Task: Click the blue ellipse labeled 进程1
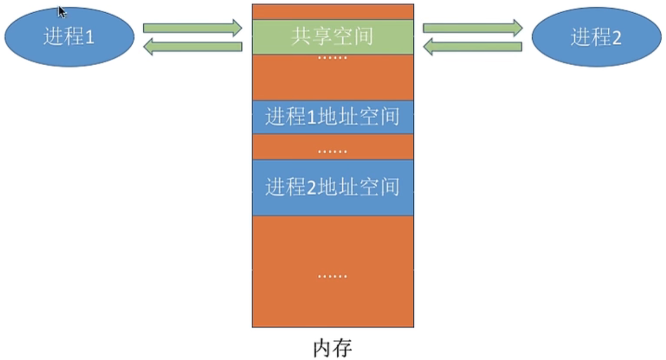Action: [x=69, y=37]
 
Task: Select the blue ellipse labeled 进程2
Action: [x=596, y=37]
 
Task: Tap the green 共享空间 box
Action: [x=332, y=37]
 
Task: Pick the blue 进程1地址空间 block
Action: [x=332, y=117]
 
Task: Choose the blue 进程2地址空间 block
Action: [x=332, y=187]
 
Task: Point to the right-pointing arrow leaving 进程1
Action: [x=192, y=27]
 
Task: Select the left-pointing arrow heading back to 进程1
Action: [x=192, y=47]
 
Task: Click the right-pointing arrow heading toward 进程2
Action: [x=473, y=27]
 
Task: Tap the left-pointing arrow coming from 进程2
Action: [x=473, y=47]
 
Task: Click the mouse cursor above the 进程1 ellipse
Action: [x=62, y=12]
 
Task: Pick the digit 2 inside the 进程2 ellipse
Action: [x=616, y=38]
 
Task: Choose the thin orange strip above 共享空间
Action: [x=332, y=12]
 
